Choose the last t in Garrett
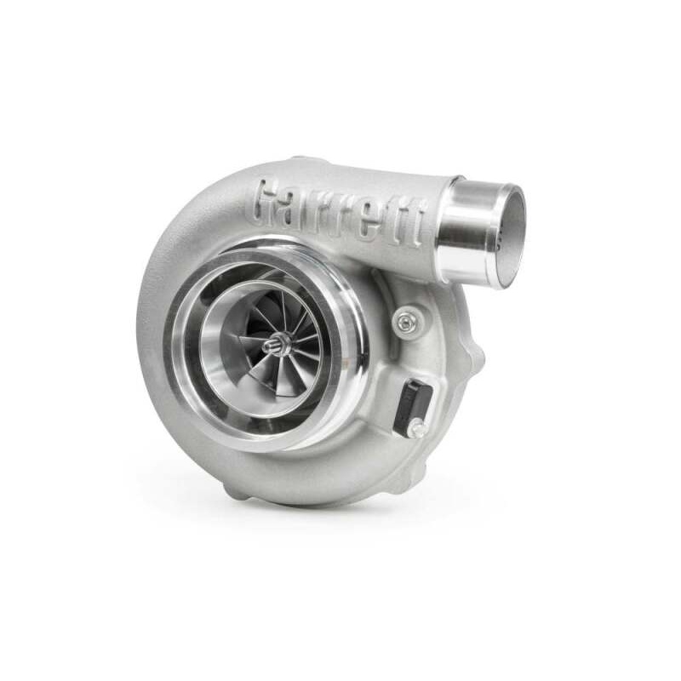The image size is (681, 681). tap(413, 224)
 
